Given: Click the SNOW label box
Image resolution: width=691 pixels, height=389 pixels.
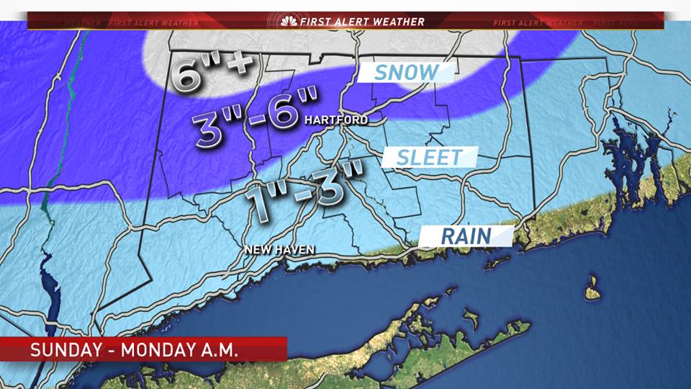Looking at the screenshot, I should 407,72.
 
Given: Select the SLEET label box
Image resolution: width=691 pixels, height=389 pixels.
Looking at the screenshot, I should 430,156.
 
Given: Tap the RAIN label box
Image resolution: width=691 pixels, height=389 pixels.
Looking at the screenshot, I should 466,236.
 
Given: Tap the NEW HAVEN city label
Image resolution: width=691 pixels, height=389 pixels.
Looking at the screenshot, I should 279,250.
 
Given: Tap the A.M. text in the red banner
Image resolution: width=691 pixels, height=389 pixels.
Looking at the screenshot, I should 220,350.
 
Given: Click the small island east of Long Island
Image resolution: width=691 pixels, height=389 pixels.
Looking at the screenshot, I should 592,290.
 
